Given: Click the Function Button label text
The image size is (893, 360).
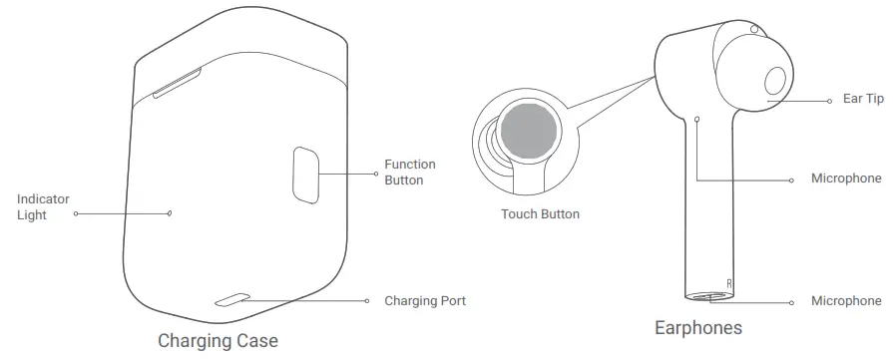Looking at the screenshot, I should coord(410,172).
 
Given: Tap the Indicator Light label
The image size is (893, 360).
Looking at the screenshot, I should coord(43,206).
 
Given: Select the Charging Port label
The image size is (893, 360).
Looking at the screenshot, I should coord(425,300).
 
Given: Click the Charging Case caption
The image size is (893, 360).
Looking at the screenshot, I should coord(218,341).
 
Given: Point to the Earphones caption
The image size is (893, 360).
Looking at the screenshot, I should coord(697,327).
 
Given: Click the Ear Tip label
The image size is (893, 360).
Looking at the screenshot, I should coord(863,99).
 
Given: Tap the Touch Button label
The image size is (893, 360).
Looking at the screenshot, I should coord(540,213).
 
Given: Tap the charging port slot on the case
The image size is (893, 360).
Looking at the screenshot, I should coord(233,299).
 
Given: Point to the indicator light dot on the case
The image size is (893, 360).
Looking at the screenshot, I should coord(170,211).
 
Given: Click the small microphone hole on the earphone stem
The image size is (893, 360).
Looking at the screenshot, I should coord(697,118).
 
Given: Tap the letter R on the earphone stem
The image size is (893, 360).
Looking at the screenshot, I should coord(730,284).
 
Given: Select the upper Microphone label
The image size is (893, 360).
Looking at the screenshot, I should coord(846,179).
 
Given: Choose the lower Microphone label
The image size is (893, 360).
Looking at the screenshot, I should coord(846,300).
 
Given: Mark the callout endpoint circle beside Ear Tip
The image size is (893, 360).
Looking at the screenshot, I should coord(830,100).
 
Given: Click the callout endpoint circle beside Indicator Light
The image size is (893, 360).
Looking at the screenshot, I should coord(76,212).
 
